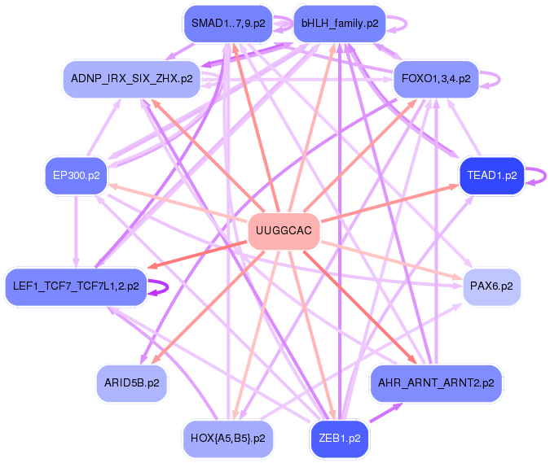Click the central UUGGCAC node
[283, 231]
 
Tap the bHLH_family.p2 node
[339, 24]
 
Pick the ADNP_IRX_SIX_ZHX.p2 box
[132, 79]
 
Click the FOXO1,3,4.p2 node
[436, 79]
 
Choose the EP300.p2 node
[76, 175]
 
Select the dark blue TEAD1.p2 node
[491, 175]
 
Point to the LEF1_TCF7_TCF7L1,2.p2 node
[76, 286]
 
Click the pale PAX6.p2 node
[491, 286]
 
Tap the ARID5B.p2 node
[132, 382]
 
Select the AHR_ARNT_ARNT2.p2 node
[436, 382]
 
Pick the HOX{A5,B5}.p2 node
[227, 438]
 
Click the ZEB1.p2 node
[340, 438]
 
